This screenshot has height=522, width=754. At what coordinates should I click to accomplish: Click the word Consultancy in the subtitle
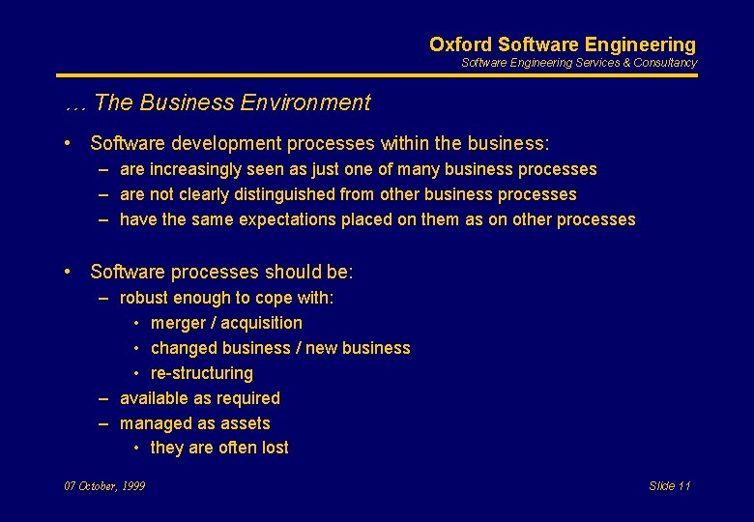pyautogui.click(x=665, y=63)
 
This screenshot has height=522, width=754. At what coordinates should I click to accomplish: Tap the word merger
pyautogui.click(x=178, y=323)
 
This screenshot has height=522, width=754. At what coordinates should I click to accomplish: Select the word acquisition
pyautogui.click(x=262, y=323)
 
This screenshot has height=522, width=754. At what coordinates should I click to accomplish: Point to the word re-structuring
pyautogui.click(x=202, y=373)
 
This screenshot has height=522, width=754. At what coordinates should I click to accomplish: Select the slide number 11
pyautogui.click(x=684, y=486)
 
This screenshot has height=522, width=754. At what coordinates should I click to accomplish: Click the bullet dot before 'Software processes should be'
pyautogui.click(x=69, y=272)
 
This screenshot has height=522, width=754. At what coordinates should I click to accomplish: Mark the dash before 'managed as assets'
pyautogui.click(x=102, y=423)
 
